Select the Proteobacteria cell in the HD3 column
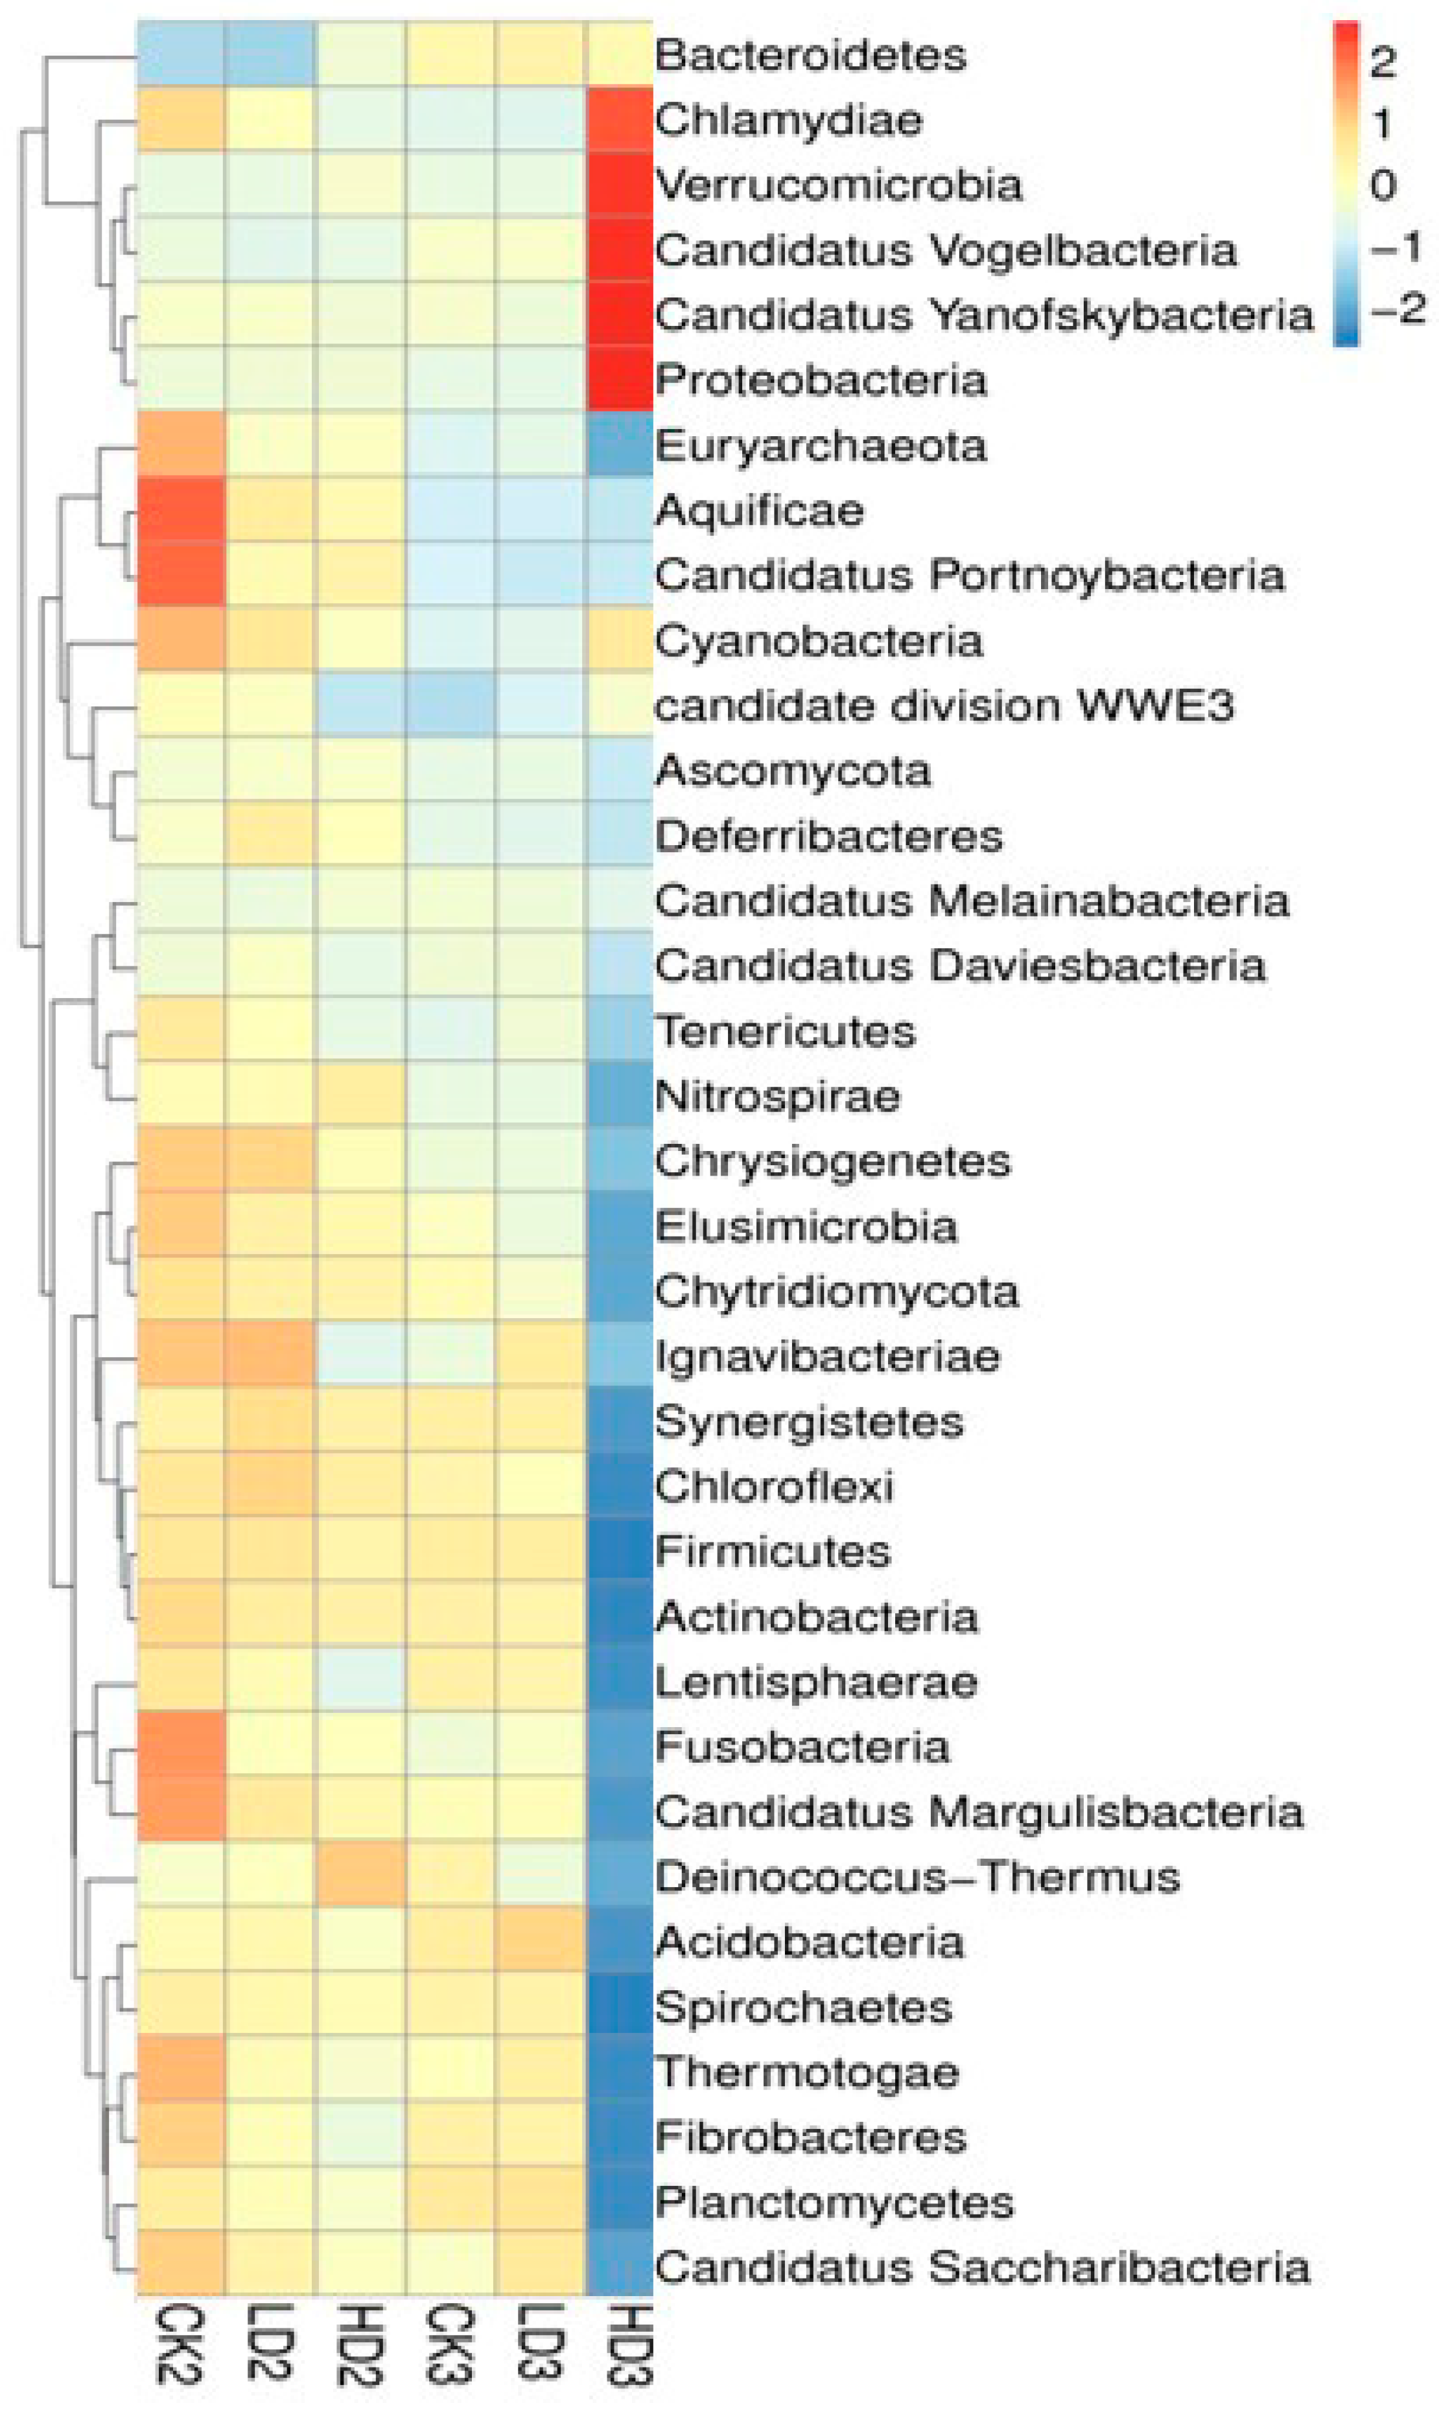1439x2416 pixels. click(x=620, y=379)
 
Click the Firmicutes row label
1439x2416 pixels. click(x=773, y=1551)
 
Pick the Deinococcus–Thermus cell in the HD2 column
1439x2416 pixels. click(x=360, y=1876)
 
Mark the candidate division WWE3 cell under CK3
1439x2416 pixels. click(x=450, y=705)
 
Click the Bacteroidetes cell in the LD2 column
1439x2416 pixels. click(x=270, y=54)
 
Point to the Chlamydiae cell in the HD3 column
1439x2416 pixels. click(x=620, y=119)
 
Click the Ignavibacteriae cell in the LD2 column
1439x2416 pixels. click(x=270, y=1355)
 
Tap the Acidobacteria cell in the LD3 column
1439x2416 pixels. click(x=540, y=1941)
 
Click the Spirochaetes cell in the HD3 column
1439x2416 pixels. click(x=620, y=2006)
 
